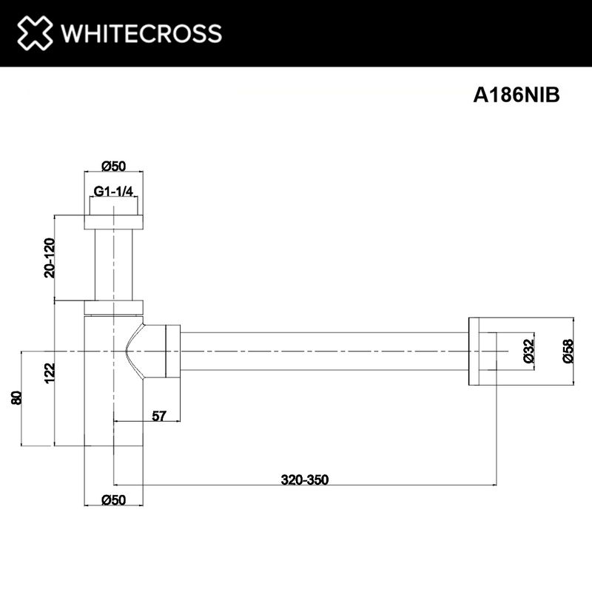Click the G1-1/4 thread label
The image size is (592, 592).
click(113, 192)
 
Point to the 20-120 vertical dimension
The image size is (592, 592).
click(49, 258)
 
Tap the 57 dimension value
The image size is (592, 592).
click(158, 416)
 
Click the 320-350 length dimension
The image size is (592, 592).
click(304, 479)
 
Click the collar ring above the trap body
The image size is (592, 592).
click(113, 307)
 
